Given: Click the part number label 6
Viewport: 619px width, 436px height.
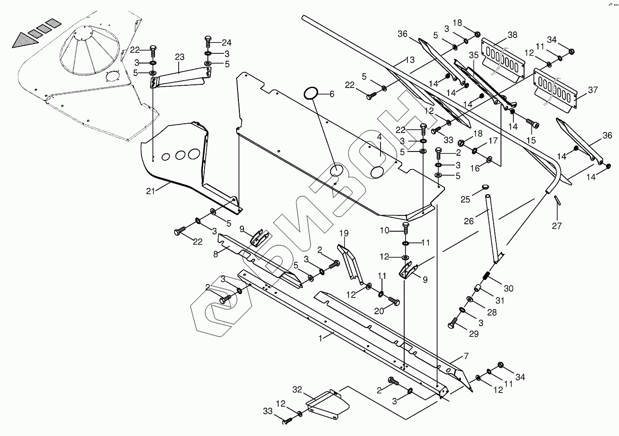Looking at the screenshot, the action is [331, 94].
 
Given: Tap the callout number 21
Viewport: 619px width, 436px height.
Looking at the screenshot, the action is [150, 191].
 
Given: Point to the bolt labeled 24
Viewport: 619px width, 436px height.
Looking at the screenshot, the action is [208, 42].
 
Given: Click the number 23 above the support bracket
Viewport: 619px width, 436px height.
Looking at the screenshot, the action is [180, 57].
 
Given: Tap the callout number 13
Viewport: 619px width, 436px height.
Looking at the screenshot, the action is [410, 60].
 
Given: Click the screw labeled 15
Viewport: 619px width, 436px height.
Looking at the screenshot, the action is [532, 123].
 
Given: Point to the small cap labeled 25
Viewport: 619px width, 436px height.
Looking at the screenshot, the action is [485, 187].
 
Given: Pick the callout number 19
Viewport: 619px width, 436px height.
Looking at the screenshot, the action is [344, 234].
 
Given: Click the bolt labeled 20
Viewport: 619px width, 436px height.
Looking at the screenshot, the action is [394, 301].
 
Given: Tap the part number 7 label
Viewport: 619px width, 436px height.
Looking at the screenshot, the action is [466, 356].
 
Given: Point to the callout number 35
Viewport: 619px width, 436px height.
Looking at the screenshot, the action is [474, 55].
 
